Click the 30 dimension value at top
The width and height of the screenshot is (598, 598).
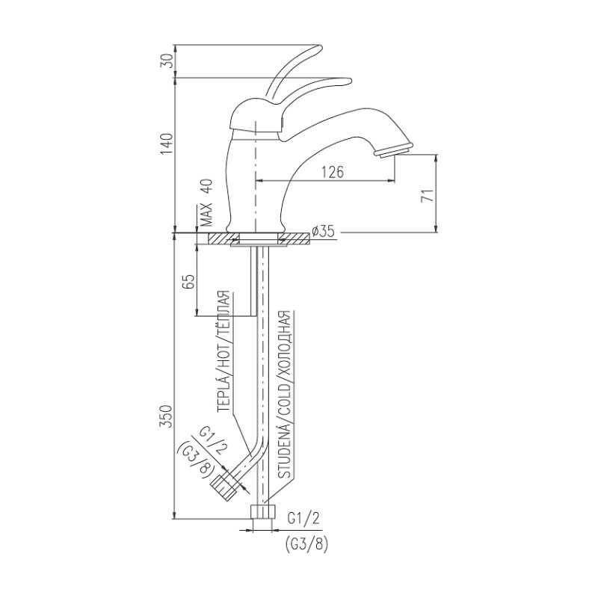(x=167, y=61)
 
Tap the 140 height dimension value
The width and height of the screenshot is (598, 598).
(x=167, y=144)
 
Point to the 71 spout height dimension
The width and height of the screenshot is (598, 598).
(x=429, y=195)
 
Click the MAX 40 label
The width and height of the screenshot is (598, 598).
(x=206, y=203)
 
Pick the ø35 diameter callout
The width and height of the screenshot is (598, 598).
(x=323, y=231)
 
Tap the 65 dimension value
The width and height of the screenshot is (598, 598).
(x=190, y=282)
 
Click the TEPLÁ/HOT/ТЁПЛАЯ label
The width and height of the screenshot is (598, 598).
(x=224, y=351)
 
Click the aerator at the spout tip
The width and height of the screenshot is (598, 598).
(x=393, y=149)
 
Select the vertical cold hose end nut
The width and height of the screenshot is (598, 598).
(x=262, y=512)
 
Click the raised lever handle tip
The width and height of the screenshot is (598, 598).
(x=319, y=48)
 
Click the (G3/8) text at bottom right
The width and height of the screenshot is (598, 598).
(x=306, y=544)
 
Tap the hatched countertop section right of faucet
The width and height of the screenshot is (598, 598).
(x=294, y=239)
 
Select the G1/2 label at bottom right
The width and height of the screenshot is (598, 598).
(x=303, y=518)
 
